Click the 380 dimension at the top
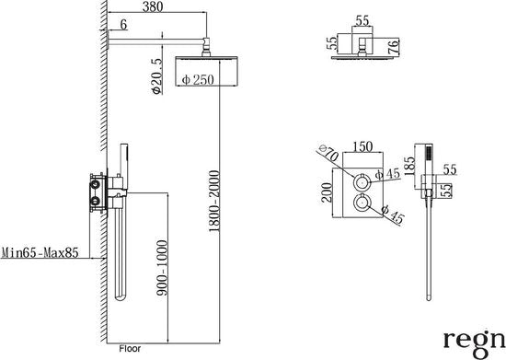[x=153, y=6]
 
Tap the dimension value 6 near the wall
[x=123, y=25]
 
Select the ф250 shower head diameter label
[x=198, y=79]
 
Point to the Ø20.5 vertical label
[x=156, y=76]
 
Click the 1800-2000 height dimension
[x=214, y=201]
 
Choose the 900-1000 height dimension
[x=162, y=268]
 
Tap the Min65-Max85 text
[x=40, y=252]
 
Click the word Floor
[x=130, y=349]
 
